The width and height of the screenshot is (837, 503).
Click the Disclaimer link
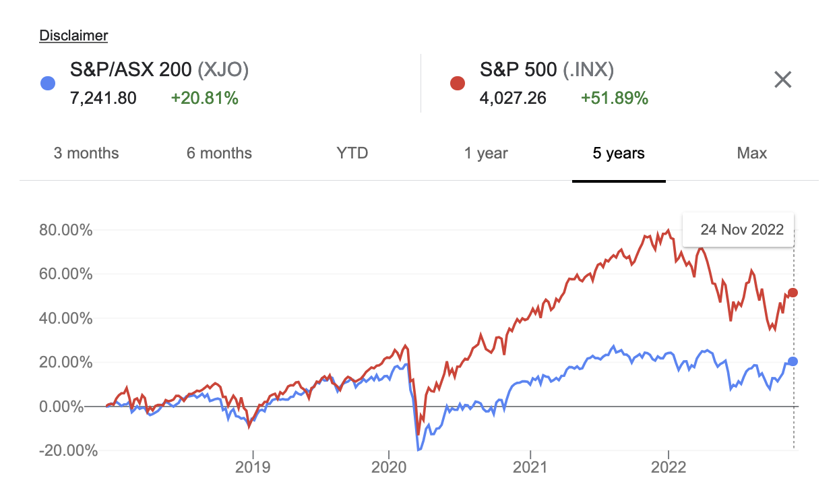pos(73,36)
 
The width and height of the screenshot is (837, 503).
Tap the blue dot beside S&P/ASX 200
pos(47,84)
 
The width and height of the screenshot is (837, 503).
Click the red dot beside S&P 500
pos(457,84)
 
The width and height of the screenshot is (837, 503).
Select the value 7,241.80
pos(103,98)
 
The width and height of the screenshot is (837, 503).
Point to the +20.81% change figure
pos(204,98)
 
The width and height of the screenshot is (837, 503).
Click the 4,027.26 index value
pos(513,98)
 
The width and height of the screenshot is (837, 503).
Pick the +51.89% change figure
pos(614,98)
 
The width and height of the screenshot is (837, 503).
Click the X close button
pos(782,80)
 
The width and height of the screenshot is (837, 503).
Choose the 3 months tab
pos(86,153)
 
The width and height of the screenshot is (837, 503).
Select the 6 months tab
pos(219,153)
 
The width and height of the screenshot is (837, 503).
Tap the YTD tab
pos(352,153)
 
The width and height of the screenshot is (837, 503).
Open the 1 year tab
pos(486,153)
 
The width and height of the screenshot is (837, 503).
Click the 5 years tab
pos(619,153)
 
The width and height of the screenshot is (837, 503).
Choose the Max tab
pos(752,153)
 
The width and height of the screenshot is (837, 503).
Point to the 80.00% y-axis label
pos(66,231)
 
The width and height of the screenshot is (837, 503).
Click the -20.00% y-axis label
pos(66,451)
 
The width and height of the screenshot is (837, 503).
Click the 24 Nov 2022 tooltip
pos(742,229)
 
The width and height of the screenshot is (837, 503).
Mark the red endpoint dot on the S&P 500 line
pos(793,293)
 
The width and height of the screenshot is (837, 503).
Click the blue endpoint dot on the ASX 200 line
pos(793,361)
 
